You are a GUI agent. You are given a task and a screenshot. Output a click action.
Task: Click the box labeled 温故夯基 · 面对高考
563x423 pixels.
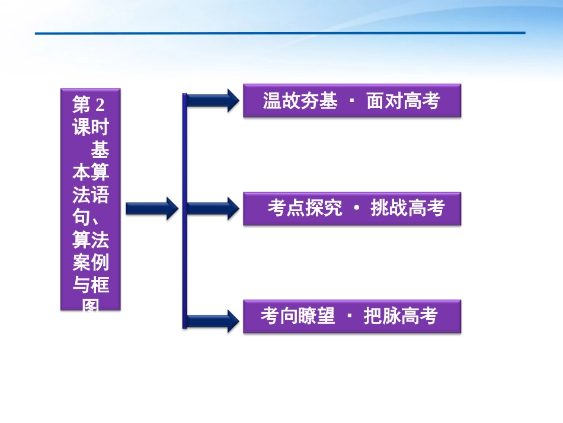351,101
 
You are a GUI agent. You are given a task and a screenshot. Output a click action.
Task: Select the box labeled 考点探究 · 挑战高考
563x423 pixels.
351,209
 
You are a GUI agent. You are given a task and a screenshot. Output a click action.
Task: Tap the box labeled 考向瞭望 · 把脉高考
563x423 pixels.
351,316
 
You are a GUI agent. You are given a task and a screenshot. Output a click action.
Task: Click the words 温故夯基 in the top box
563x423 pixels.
300,101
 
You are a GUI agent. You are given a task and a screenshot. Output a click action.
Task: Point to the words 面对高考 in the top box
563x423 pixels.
403,101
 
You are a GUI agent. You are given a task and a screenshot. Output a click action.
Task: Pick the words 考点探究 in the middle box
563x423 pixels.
305,208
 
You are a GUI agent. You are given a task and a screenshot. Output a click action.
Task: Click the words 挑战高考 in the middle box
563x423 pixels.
407,208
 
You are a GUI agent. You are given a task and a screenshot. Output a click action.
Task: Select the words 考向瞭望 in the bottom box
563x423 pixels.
298,316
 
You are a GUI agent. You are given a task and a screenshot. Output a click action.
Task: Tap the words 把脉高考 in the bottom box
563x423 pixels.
400,316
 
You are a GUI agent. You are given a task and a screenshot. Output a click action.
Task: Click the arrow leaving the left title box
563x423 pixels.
152,208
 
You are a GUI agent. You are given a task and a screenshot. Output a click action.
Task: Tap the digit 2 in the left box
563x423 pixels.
99,106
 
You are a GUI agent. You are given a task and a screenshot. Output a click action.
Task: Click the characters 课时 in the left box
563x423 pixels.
90,128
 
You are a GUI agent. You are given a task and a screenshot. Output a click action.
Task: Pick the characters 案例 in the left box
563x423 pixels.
90,263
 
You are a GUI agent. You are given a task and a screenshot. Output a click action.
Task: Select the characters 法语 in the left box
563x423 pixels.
90,196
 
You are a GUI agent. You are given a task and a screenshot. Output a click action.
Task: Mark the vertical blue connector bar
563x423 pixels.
185,211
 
